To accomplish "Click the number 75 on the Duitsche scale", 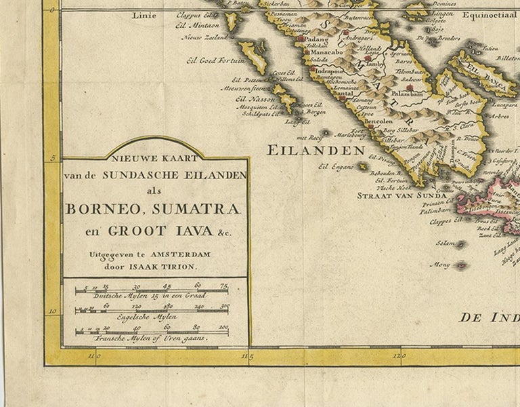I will (223, 286).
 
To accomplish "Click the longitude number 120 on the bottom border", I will (400, 354).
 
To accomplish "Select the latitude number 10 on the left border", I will (51, 312).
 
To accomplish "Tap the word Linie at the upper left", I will (143, 14).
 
